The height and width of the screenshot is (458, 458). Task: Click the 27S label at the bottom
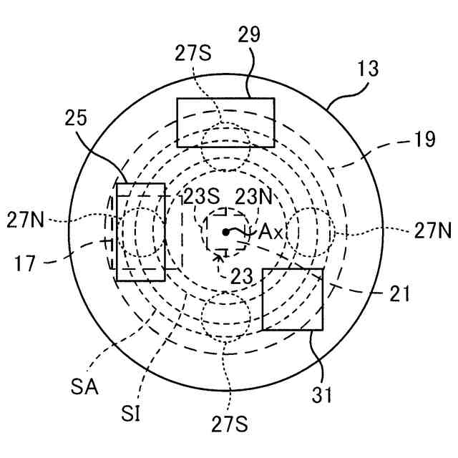point(230,425)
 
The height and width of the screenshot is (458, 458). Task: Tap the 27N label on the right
point(432,230)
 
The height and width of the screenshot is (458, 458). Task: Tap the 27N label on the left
point(26,218)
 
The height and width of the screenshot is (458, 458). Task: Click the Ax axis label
point(271,232)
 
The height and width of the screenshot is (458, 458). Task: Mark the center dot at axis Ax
point(225,231)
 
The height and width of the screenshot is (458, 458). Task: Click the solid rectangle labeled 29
point(225,122)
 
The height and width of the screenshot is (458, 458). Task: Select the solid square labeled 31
point(293,299)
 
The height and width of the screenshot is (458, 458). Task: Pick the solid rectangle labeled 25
point(141,231)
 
